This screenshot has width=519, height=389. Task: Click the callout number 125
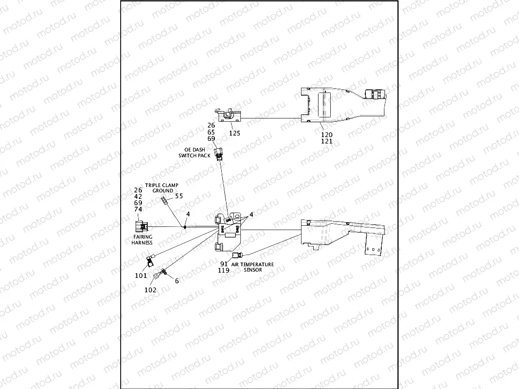coord(235,133)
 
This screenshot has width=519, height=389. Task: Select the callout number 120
coord(327,135)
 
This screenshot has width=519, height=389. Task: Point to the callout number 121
coord(327,142)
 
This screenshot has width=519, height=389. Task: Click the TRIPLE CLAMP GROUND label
coord(162,188)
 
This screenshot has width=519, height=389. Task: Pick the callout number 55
coord(179,196)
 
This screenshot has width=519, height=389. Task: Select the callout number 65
coord(211,132)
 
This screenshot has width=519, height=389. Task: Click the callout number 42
coord(138,196)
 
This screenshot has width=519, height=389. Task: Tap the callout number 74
coord(138,209)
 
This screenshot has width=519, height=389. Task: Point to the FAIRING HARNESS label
coord(142,240)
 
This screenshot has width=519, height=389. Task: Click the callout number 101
coord(141,275)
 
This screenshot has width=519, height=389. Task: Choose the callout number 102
coord(150,290)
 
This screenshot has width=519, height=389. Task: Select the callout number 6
coord(177,281)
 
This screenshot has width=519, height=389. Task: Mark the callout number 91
coord(224,264)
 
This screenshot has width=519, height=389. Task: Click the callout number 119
coord(224,270)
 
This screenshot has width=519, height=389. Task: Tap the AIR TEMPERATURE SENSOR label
coord(253,267)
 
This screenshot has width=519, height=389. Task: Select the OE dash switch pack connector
coord(218,155)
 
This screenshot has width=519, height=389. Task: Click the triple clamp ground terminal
coord(164,200)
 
